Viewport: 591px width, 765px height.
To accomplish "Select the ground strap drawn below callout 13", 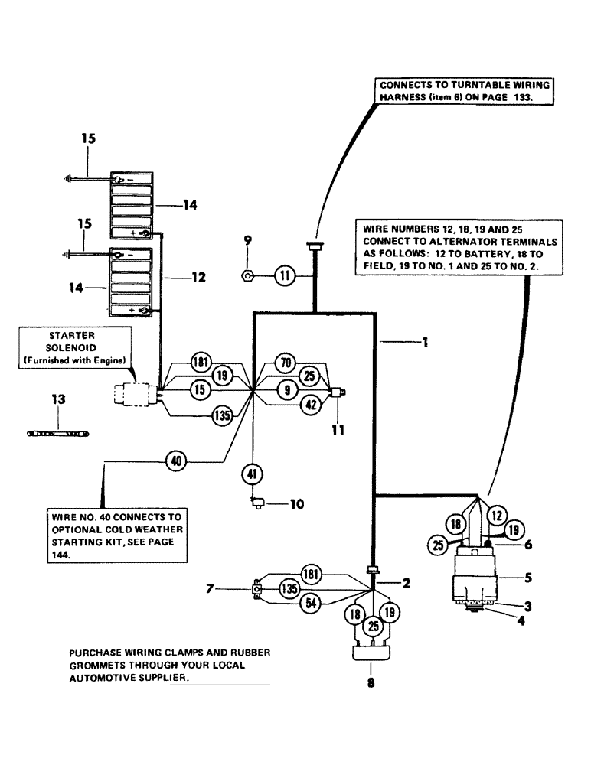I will click(x=59, y=433).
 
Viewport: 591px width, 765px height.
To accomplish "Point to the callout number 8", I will click(x=372, y=685).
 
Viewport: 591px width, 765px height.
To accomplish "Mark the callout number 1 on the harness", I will click(x=422, y=343).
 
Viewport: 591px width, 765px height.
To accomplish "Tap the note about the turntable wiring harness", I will click(x=465, y=93).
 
